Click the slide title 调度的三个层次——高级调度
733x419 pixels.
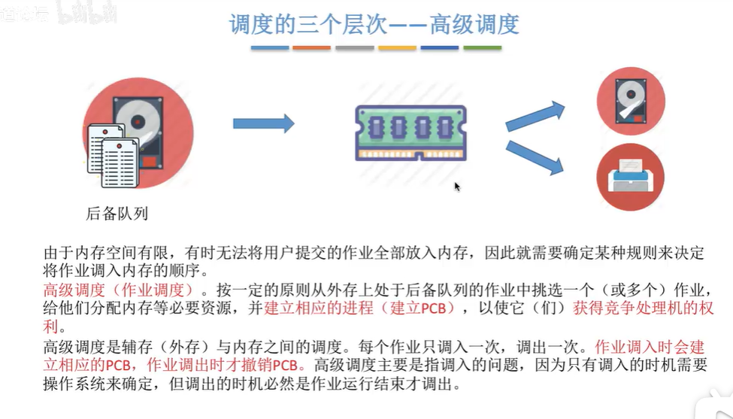[374, 24]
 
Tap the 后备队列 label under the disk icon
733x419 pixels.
[117, 214]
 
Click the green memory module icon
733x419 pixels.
[410, 132]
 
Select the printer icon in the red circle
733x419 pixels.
[630, 178]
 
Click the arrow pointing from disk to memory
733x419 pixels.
[262, 123]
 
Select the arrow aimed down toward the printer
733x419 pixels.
[535, 157]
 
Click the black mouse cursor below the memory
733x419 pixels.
[457, 187]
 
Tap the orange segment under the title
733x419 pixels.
[311, 48]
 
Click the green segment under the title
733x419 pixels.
[482, 48]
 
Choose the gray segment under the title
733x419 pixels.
[354, 48]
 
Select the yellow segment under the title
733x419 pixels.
[397, 48]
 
